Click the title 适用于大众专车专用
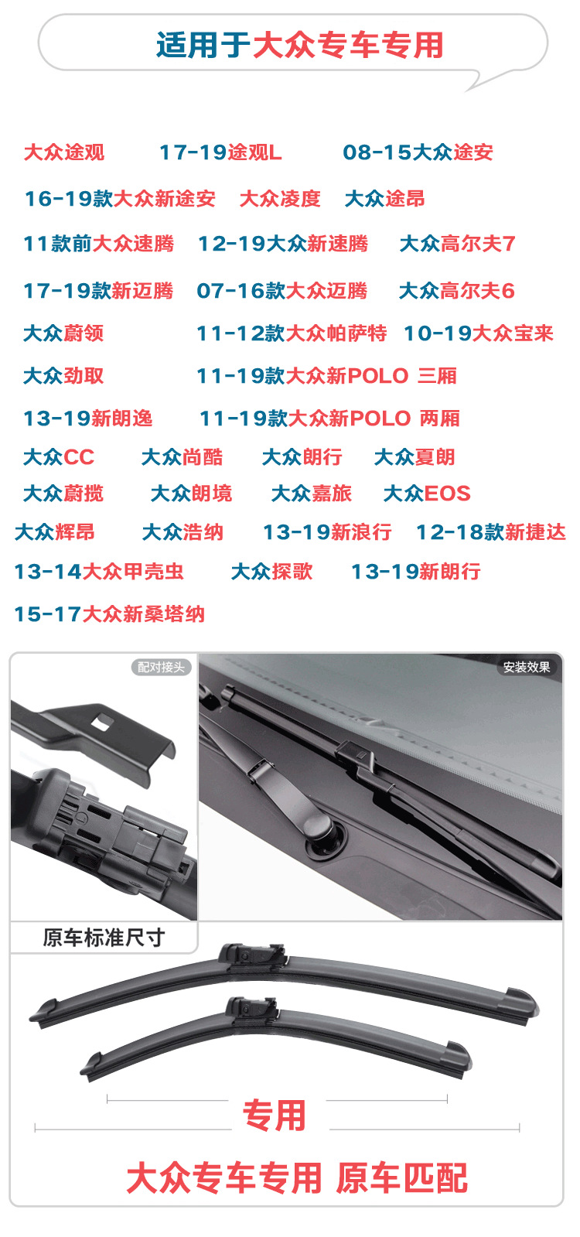[x=299, y=45]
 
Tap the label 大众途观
[x=64, y=152]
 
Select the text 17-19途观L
[x=220, y=152]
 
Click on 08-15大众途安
[x=418, y=152]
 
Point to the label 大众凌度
[x=280, y=199]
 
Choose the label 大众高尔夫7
[x=457, y=244]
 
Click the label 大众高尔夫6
[x=456, y=291]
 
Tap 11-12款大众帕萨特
[x=292, y=333]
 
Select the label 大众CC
[x=59, y=457]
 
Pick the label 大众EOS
[x=427, y=494]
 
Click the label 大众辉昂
[x=55, y=532]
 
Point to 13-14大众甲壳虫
[x=99, y=572]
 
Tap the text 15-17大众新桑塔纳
[x=109, y=614]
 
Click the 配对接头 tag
[x=161, y=667]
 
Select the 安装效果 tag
[x=527, y=667]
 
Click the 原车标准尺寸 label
[x=104, y=938]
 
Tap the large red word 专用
[x=275, y=1116]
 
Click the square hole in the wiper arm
[x=101, y=723]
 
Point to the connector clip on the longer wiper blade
[x=252, y=957]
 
